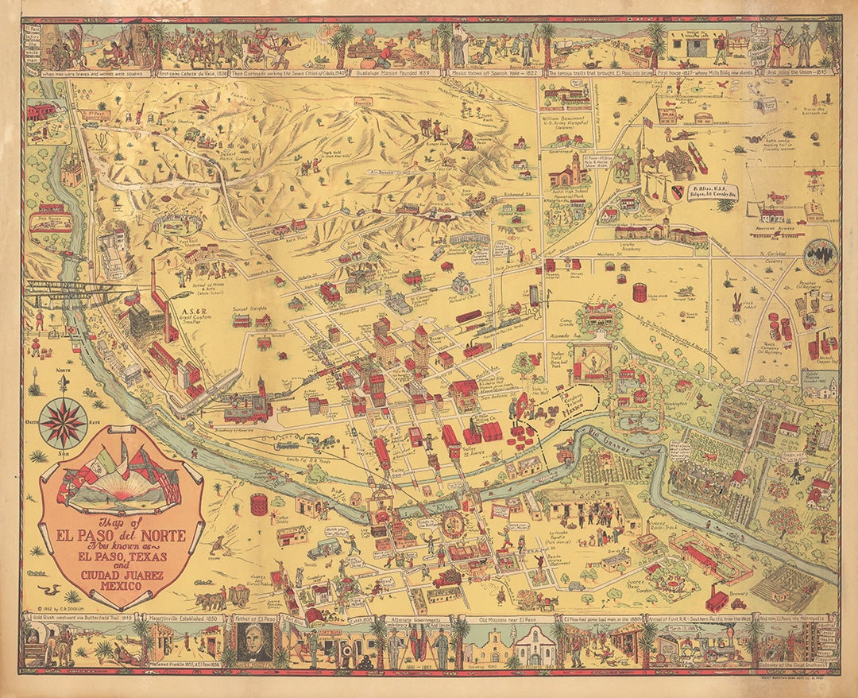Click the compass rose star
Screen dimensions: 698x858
click(63, 421)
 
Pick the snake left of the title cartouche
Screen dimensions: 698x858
click(49, 589)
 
